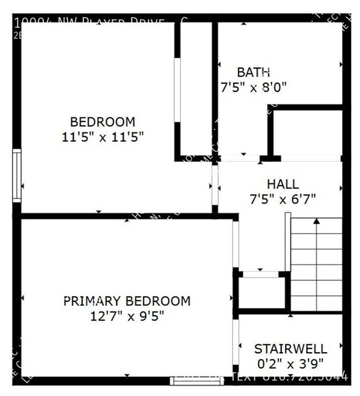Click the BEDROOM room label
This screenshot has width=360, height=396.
(102, 122)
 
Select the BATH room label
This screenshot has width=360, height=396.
(253, 72)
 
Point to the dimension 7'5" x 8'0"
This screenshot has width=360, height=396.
(253, 88)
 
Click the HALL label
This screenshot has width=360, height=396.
(282, 184)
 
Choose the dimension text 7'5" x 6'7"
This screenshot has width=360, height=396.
(282, 199)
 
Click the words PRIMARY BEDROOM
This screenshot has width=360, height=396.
(127, 301)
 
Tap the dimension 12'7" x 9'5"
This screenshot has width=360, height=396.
(127, 316)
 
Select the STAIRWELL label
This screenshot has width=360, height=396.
(290, 349)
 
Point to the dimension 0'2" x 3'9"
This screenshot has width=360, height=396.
(290, 364)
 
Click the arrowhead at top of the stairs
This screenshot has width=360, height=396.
(316, 221)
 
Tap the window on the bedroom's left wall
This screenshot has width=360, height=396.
(17, 176)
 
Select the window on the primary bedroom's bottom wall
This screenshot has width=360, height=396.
(197, 380)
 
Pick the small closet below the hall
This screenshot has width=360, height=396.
(261, 292)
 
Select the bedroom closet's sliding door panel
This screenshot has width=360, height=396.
(177, 90)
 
